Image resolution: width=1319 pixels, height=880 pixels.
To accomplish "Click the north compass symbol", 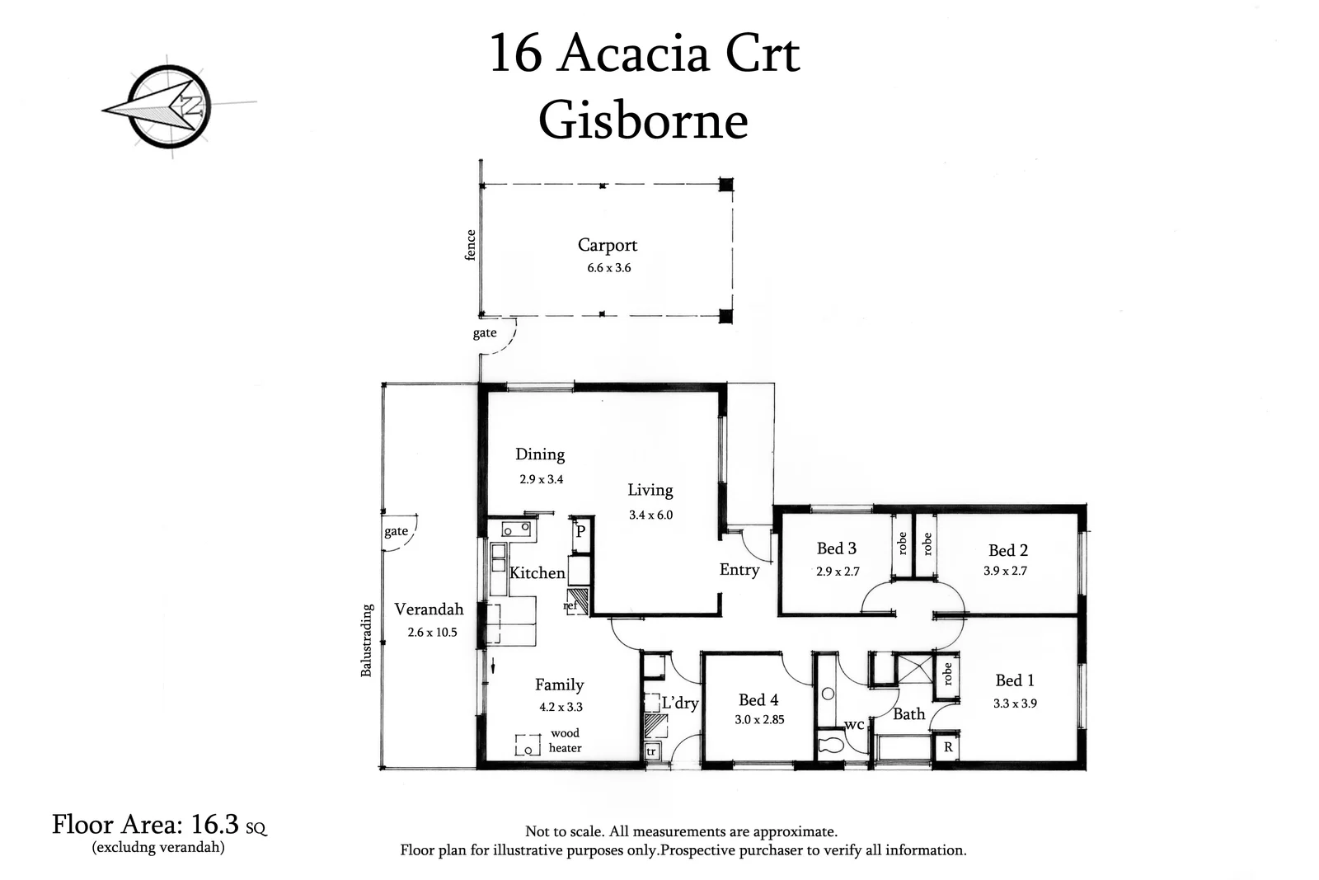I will (x=169, y=107).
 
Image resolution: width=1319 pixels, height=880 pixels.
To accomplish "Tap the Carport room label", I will (x=608, y=245).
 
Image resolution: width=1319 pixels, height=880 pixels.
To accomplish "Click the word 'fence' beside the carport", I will (x=471, y=245).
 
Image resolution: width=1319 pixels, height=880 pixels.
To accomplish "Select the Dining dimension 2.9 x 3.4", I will (x=542, y=479).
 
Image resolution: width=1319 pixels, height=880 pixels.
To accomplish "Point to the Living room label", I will (x=650, y=490).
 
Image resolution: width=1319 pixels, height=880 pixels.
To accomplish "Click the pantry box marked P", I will (x=580, y=532).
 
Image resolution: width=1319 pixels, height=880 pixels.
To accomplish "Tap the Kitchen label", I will (x=537, y=572).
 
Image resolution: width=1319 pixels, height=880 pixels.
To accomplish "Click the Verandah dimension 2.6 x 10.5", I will (x=432, y=633).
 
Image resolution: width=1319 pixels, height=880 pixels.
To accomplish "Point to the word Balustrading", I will (x=367, y=641).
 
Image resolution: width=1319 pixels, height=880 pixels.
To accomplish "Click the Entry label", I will (x=739, y=570).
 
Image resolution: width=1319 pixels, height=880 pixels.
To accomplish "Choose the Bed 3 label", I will (x=837, y=548).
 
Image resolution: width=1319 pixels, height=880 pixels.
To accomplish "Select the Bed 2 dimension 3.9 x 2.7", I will (x=1006, y=571).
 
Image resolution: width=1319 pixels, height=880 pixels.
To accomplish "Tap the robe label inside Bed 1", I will (x=948, y=674).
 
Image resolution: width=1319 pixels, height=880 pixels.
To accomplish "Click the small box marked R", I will (x=948, y=747).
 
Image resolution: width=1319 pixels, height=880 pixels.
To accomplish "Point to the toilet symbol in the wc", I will (x=830, y=746).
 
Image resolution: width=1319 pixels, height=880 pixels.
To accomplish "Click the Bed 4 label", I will (x=758, y=700).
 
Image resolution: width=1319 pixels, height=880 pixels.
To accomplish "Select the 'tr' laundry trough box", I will (x=651, y=751).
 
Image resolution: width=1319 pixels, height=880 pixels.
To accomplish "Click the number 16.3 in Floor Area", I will (x=215, y=824).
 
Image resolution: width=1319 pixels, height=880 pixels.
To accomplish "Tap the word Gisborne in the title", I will (x=644, y=120).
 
